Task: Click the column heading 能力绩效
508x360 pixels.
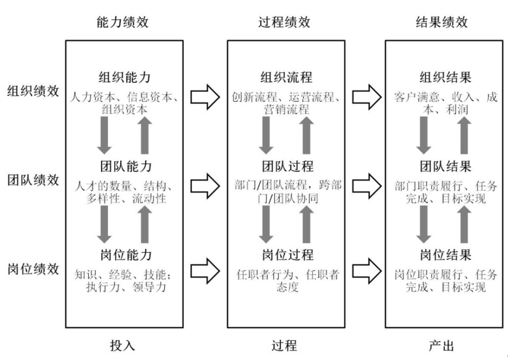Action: tap(122, 22)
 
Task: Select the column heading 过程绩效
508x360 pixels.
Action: tap(284, 22)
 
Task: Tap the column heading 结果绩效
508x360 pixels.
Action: tap(442, 22)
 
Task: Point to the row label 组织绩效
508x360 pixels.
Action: tap(33, 91)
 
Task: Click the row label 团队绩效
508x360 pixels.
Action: tap(33, 180)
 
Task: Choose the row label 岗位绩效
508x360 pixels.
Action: tap(33, 269)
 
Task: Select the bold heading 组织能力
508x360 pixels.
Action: tap(125, 77)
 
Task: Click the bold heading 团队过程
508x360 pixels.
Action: tap(288, 166)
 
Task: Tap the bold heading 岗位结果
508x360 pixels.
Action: tap(446, 255)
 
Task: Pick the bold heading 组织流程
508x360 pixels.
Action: tap(287, 77)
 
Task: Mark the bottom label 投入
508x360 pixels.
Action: tap(122, 346)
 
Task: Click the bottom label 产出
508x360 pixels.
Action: tap(441, 346)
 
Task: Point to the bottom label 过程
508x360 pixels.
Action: tap(284, 346)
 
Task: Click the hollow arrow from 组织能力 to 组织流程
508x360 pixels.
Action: tap(205, 97)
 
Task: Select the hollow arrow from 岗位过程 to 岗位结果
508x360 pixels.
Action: tap(367, 271)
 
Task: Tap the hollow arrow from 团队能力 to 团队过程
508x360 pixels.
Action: tap(205, 186)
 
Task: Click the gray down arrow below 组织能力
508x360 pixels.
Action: tap(104, 135)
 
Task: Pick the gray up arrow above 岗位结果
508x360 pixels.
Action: tap(464, 224)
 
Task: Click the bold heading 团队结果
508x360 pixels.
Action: tap(446, 166)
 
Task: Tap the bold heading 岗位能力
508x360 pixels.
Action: tap(126, 255)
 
